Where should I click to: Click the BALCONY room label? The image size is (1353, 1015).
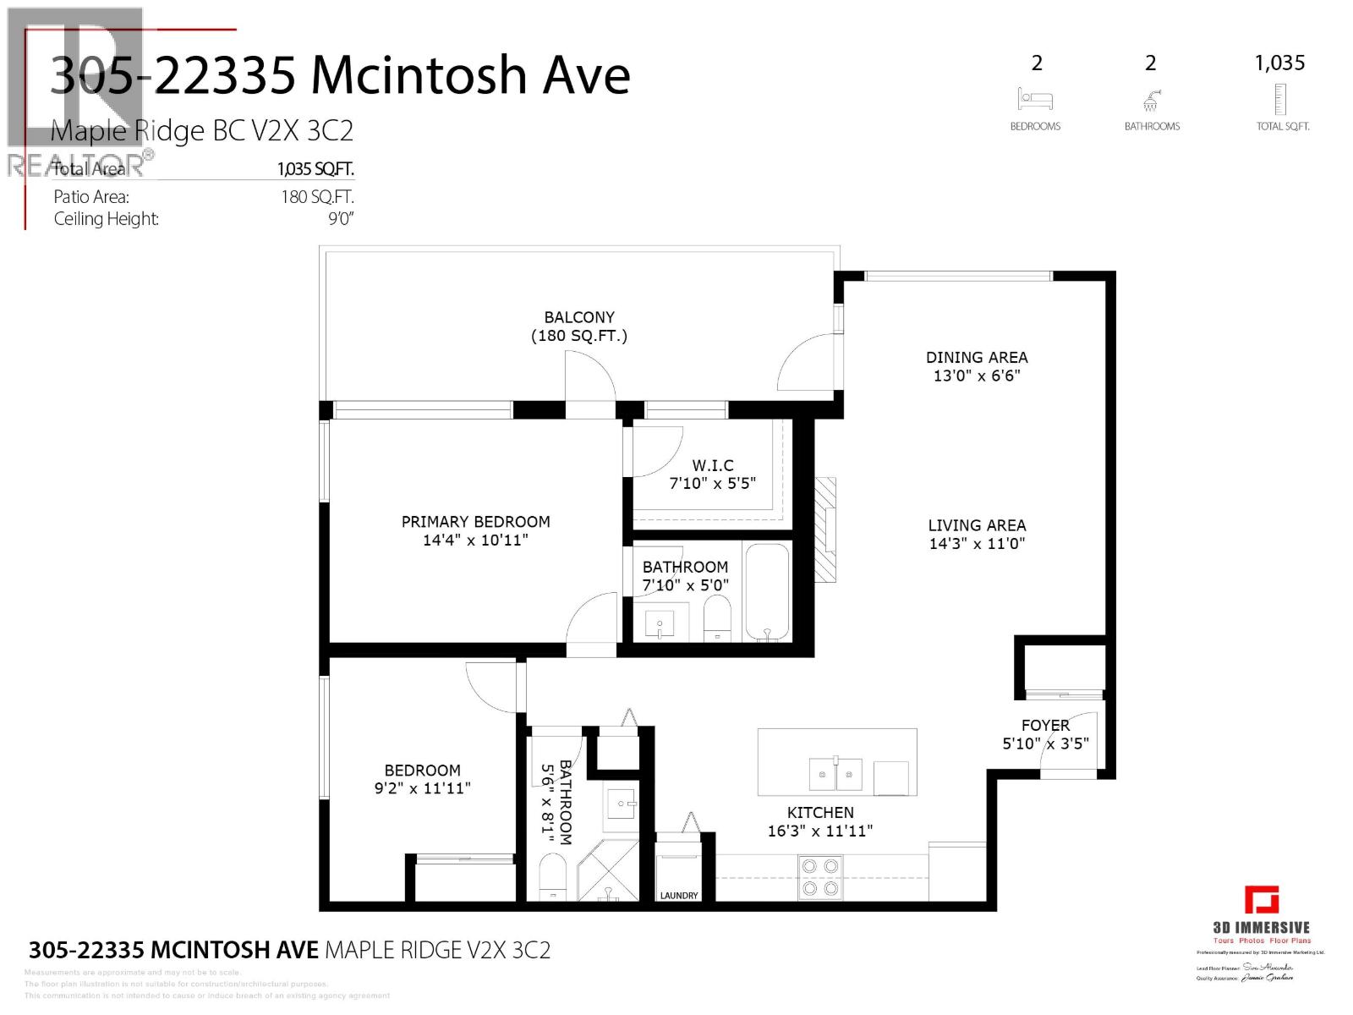579,317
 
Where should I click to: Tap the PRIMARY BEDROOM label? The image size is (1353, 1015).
475,522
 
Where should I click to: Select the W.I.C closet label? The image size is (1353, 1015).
713,465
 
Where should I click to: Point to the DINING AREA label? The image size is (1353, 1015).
977,357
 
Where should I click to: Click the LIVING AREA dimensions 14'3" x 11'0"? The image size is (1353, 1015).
977,544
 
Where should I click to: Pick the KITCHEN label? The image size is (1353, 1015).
820,812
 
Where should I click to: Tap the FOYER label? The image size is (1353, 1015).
1045,725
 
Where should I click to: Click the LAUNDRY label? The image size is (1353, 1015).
679,895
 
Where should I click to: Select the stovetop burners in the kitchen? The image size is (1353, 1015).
821,876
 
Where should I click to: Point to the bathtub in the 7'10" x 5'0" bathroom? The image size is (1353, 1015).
768,592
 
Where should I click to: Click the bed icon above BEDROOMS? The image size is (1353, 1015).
1035,99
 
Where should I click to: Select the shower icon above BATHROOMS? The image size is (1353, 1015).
1151,101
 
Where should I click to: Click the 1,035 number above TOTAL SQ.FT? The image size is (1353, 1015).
1279,63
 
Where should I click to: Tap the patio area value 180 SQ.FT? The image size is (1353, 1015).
317,197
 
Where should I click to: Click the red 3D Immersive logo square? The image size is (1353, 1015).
1261,899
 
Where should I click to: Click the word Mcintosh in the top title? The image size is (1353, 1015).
419,75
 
